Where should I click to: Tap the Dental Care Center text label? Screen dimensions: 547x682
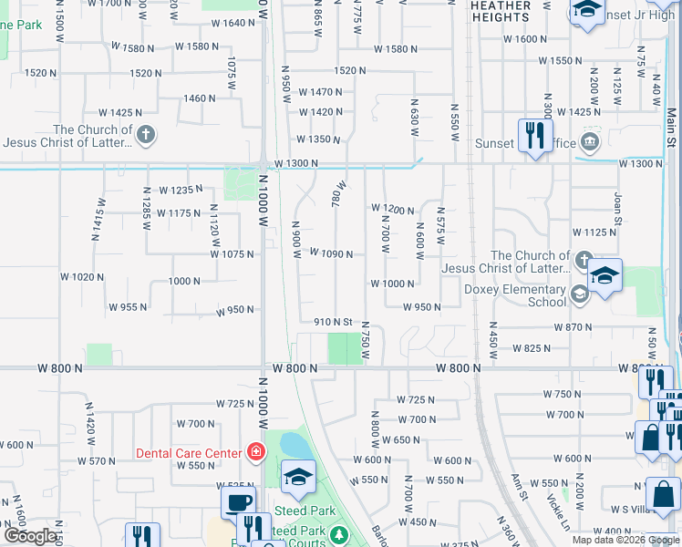tap(188, 452)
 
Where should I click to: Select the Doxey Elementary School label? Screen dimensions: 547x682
tap(516, 295)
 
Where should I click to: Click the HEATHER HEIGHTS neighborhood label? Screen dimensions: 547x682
tap(501, 11)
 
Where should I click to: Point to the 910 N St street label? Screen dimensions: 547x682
tap(333, 322)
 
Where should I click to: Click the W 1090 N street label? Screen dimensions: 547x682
tap(331, 253)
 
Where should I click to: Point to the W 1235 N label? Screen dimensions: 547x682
tap(179, 190)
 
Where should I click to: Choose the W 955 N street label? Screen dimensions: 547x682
tap(128, 307)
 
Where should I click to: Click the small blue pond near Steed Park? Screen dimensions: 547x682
tap(294, 446)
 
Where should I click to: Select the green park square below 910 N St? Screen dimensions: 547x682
tap(344, 348)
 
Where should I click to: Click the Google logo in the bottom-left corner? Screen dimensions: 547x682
tap(30, 536)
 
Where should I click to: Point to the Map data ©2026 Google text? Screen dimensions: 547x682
tap(625, 540)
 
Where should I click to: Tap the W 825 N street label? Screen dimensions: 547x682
tap(532, 348)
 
